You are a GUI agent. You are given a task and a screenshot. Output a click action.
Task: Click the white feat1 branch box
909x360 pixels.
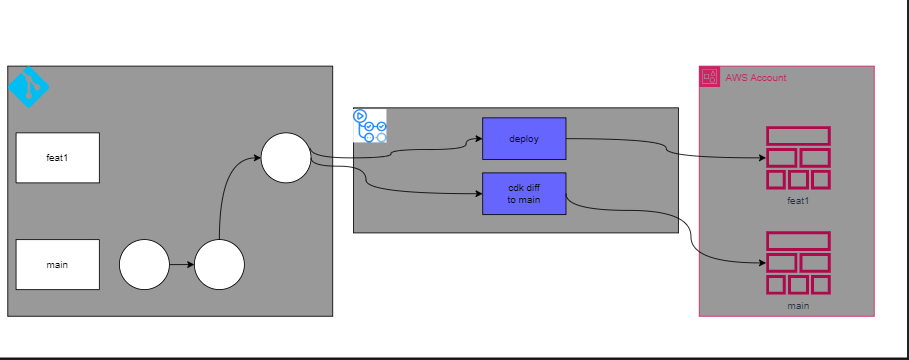click(x=57, y=158)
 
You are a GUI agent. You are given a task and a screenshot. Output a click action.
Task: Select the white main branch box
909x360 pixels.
click(x=57, y=265)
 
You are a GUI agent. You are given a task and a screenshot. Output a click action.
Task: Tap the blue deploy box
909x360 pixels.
click(x=524, y=139)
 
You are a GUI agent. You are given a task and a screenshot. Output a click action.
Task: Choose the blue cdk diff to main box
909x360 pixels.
click(x=524, y=193)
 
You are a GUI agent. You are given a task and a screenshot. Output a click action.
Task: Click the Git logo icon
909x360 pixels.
click(x=28, y=87)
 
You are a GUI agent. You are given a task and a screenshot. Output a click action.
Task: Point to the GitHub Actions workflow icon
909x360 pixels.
click(x=370, y=125)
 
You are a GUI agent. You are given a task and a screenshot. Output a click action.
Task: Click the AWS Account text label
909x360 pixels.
click(x=756, y=78)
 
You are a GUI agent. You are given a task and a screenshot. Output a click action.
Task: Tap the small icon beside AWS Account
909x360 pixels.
click(x=710, y=76)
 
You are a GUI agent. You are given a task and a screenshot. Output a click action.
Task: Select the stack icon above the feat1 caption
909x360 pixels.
click(x=797, y=158)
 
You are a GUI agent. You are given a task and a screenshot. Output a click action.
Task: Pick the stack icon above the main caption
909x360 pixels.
click(x=797, y=263)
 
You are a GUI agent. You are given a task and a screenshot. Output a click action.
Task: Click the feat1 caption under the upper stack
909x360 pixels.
click(x=797, y=201)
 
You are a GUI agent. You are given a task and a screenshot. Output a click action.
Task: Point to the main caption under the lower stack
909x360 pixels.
click(x=797, y=306)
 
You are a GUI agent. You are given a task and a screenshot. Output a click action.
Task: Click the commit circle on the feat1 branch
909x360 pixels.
click(x=286, y=158)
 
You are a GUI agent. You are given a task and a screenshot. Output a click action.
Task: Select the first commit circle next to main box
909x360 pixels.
click(x=144, y=265)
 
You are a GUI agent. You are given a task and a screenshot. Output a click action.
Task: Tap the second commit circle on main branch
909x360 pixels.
click(x=220, y=265)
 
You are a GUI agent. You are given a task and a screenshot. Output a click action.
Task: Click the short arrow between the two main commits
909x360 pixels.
click(x=181, y=265)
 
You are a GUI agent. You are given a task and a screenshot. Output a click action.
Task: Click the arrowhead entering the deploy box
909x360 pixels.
click(x=477, y=139)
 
